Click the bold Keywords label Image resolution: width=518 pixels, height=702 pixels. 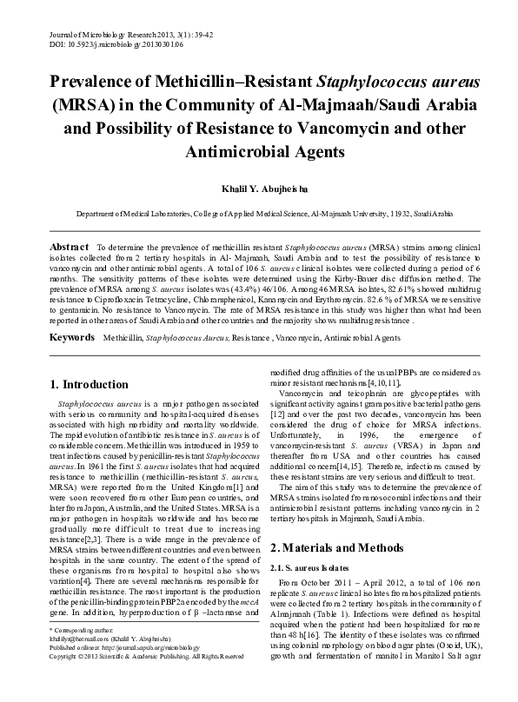tap(73, 310)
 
